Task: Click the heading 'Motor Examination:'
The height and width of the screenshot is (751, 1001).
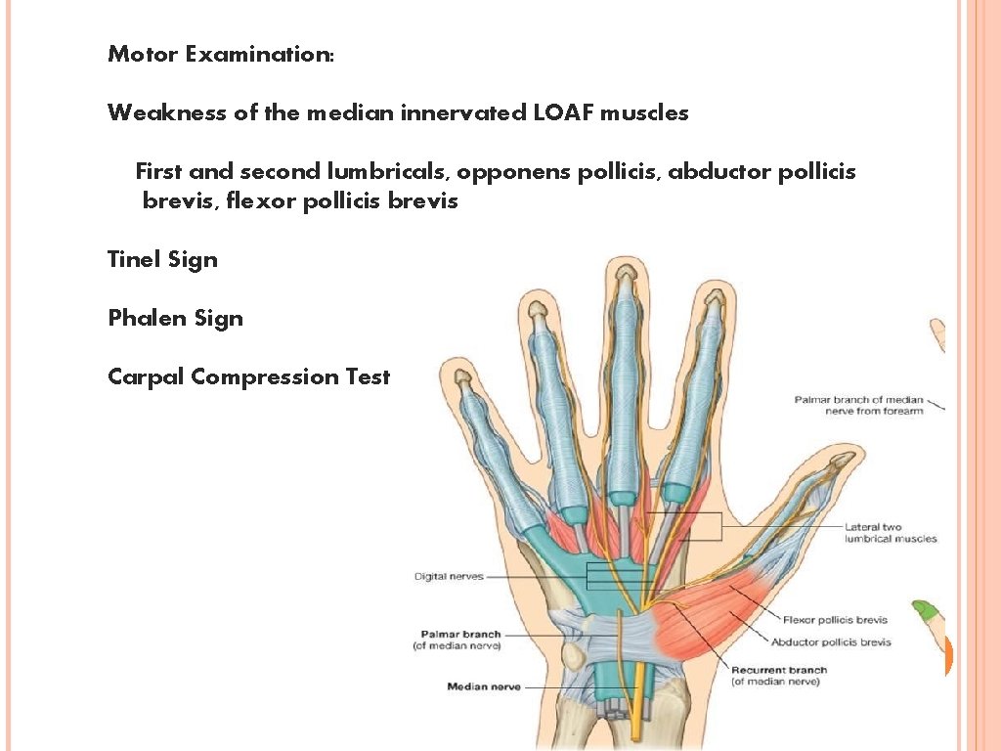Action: [x=221, y=54]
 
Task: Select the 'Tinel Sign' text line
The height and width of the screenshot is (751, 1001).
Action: [x=162, y=259]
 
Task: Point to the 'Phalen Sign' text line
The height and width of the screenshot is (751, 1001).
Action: [x=175, y=318]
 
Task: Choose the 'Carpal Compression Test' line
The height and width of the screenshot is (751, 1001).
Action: [x=248, y=376]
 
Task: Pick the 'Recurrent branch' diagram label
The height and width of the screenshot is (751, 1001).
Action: [x=779, y=670]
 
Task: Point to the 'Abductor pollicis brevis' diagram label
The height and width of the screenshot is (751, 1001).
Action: [x=830, y=642]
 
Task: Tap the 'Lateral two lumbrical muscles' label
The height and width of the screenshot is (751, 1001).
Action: [x=890, y=533]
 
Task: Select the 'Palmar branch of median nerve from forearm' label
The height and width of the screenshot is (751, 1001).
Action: [x=857, y=405]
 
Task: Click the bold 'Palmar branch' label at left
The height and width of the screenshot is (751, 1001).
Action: [x=460, y=635]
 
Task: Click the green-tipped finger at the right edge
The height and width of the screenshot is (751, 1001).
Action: [x=926, y=617]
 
